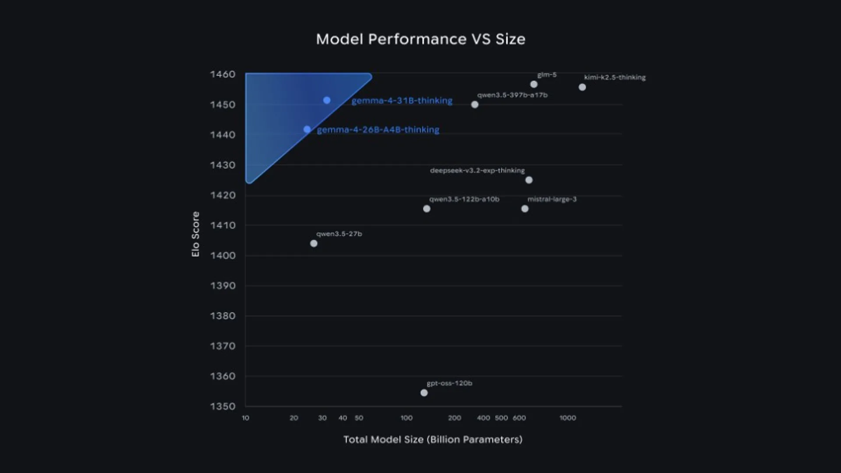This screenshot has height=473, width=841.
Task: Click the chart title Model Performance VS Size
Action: pyautogui.click(x=420, y=39)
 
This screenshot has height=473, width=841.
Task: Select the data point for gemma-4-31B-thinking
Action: pyautogui.click(x=327, y=100)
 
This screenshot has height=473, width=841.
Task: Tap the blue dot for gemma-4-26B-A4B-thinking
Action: pyautogui.click(x=307, y=130)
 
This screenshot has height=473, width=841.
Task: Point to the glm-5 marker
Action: pyautogui.click(x=534, y=84)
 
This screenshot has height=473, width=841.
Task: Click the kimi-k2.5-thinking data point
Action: pyautogui.click(x=582, y=87)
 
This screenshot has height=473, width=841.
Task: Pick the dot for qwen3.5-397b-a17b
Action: pyautogui.click(x=474, y=105)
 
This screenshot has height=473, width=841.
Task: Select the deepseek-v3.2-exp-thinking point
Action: pyautogui.click(x=529, y=180)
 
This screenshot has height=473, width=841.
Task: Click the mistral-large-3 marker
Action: pyautogui.click(x=525, y=209)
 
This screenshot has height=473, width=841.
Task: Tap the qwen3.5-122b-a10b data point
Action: pyautogui.click(x=427, y=209)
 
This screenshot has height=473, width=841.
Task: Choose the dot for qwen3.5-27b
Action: pyautogui.click(x=314, y=244)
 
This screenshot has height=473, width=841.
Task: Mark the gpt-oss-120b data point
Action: pyautogui.click(x=424, y=393)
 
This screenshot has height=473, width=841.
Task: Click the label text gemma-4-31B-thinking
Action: pyautogui.click(x=402, y=101)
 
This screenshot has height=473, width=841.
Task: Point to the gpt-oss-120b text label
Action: pyautogui.click(x=449, y=383)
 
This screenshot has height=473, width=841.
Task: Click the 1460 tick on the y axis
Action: pyautogui.click(x=223, y=74)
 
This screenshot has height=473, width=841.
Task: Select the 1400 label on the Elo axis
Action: pyautogui.click(x=223, y=255)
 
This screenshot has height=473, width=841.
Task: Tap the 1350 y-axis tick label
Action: pyautogui.click(x=223, y=406)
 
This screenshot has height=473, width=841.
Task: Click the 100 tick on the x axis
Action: pyautogui.click(x=406, y=418)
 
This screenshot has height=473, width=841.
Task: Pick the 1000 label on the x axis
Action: pyautogui.click(x=568, y=418)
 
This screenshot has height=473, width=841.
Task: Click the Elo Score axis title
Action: pyautogui.click(x=195, y=234)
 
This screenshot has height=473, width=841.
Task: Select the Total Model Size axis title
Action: pyautogui.click(x=433, y=440)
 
